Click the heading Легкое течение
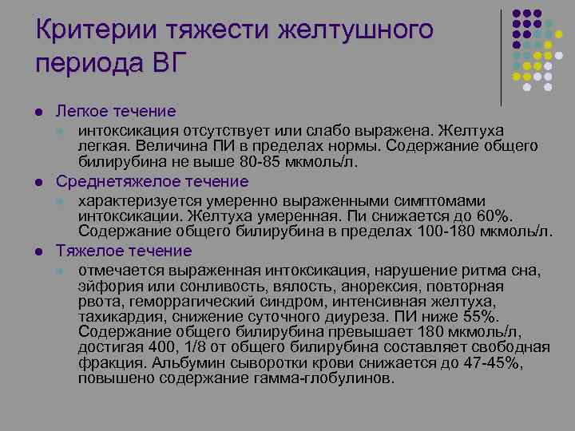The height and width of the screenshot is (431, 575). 116,111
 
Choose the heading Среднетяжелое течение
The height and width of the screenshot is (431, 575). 152,181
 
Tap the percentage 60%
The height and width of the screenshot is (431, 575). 493,216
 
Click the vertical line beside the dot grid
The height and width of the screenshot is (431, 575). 501,56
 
